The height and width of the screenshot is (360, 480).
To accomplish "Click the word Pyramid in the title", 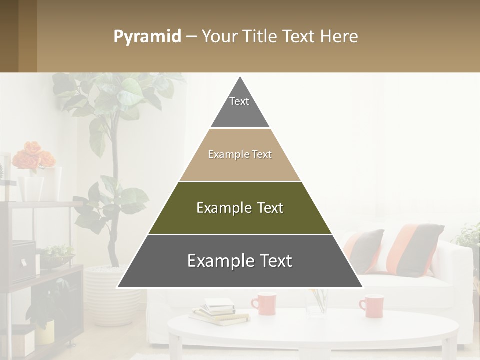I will [x=147, y=37].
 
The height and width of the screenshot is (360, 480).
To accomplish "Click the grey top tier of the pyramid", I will [x=240, y=112].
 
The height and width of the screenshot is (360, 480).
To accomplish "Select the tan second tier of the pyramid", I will [x=240, y=167].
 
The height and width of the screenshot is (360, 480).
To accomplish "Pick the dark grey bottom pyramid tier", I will [x=240, y=275].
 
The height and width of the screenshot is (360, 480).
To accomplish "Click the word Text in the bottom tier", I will [x=275, y=261].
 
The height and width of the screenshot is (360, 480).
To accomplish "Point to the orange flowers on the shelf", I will [x=32, y=156].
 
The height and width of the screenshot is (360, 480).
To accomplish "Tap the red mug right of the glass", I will [x=372, y=306].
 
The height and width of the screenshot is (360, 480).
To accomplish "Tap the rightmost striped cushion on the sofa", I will [x=416, y=249].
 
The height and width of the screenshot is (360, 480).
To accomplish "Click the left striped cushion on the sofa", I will [x=365, y=250].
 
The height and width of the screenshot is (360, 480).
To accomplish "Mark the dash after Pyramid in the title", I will [x=191, y=37].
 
